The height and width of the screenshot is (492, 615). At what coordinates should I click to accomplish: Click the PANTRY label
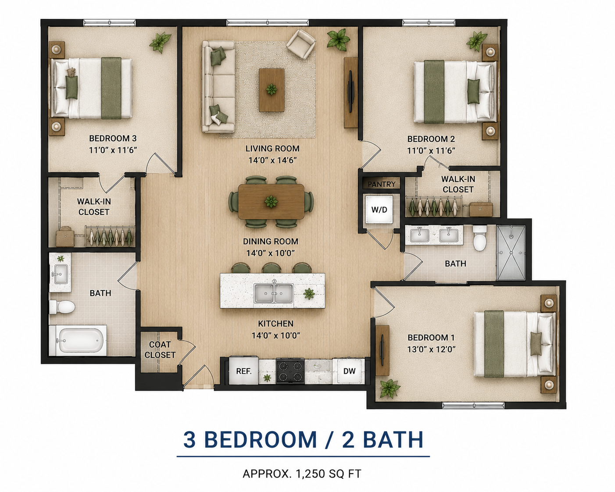[381, 184]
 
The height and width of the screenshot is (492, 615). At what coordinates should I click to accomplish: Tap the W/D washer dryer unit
[379, 210]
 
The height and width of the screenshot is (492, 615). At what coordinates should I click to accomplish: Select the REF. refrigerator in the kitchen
[244, 371]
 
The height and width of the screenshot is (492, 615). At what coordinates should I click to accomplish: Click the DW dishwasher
[349, 371]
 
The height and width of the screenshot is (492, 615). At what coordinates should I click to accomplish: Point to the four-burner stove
[290, 371]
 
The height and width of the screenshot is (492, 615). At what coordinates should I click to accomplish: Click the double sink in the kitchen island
[274, 293]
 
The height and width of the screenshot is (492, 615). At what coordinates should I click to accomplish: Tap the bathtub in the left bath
[78, 340]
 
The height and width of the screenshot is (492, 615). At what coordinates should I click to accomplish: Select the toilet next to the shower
[480, 238]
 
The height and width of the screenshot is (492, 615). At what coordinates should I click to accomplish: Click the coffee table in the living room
[272, 90]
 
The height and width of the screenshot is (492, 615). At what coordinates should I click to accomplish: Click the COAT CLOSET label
[160, 350]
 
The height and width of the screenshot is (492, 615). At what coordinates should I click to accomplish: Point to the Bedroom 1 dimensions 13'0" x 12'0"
[431, 349]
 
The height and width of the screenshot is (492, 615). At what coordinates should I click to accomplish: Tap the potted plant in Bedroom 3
[160, 42]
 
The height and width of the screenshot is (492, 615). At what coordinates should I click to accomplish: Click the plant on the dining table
[271, 202]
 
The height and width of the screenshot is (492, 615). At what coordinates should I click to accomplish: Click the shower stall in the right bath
[511, 253]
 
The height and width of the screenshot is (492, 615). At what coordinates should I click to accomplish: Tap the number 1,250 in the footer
[310, 474]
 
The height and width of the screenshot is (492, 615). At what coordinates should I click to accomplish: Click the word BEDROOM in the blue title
[261, 439]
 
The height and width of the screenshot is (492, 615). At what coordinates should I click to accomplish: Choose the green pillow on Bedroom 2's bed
[474, 91]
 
